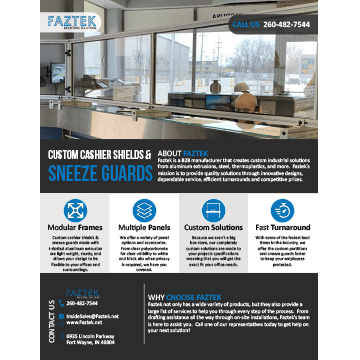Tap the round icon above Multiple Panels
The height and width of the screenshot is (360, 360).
point(144,209)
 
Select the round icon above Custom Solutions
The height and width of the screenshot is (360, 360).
point(213,209)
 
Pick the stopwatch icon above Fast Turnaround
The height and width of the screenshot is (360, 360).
point(283,209)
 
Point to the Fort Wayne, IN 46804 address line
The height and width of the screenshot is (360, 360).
point(90,341)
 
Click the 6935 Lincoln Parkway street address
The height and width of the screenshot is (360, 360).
point(90,335)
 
